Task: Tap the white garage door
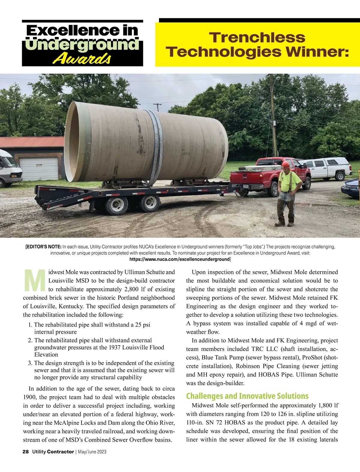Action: pos(39,169)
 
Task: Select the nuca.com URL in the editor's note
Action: pos(179,259)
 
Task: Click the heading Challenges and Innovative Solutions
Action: pos(247,396)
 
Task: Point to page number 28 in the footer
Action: pos(25,452)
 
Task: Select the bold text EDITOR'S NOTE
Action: pos(43,247)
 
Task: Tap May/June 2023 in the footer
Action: pos(92,452)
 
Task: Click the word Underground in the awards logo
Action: pos(82,45)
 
